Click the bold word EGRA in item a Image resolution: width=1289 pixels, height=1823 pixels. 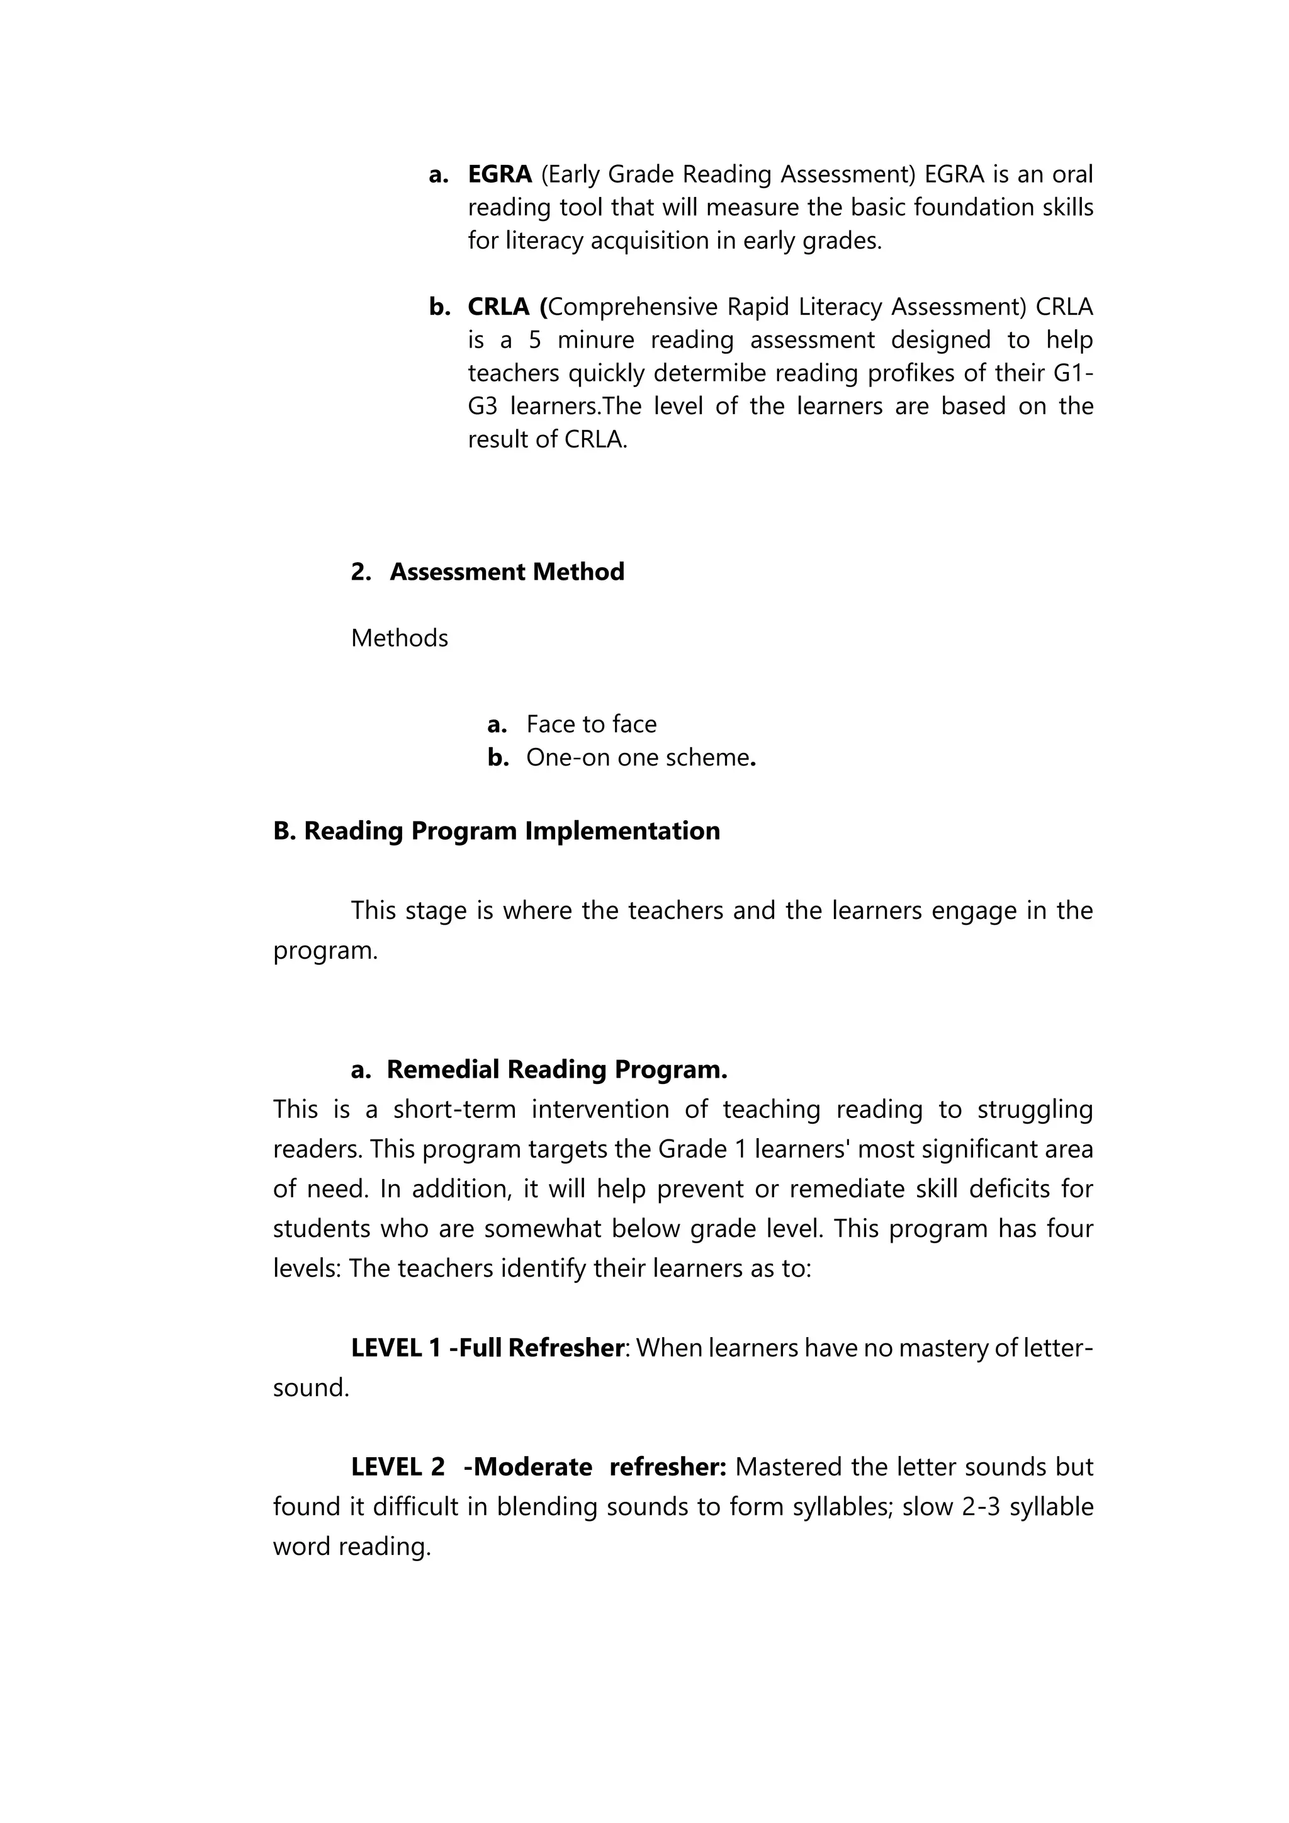[499, 174]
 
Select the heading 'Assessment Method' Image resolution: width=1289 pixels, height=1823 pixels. [507, 572]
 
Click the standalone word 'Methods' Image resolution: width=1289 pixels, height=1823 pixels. [399, 638]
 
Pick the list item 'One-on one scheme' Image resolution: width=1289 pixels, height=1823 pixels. [638, 757]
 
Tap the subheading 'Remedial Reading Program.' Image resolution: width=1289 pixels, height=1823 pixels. [556, 1070]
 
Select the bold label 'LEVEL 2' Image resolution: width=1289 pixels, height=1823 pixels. [398, 1467]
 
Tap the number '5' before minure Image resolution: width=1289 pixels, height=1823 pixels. [535, 340]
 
